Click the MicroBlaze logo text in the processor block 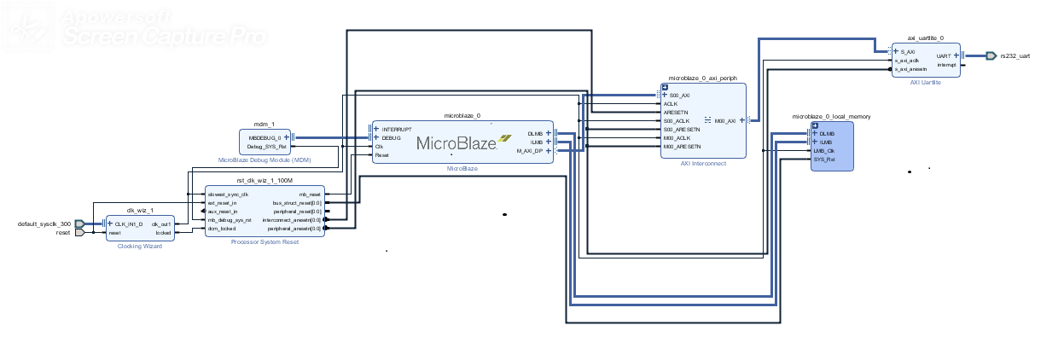coord(457,143)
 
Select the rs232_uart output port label coord(1015,55)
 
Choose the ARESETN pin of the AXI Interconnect coord(676,112)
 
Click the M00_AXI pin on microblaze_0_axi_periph coord(725,120)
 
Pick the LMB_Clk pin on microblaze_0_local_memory coord(823,151)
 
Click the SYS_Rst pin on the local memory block coord(823,160)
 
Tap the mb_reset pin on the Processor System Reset coord(310,195)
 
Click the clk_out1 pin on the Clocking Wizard coord(160,224)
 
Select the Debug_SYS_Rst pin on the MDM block coord(267,146)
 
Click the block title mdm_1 coord(265,125)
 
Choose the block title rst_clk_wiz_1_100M coord(265,182)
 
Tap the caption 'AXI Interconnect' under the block coord(703,163)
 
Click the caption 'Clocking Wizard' coord(139,246)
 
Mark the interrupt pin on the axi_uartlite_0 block coord(945,64)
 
